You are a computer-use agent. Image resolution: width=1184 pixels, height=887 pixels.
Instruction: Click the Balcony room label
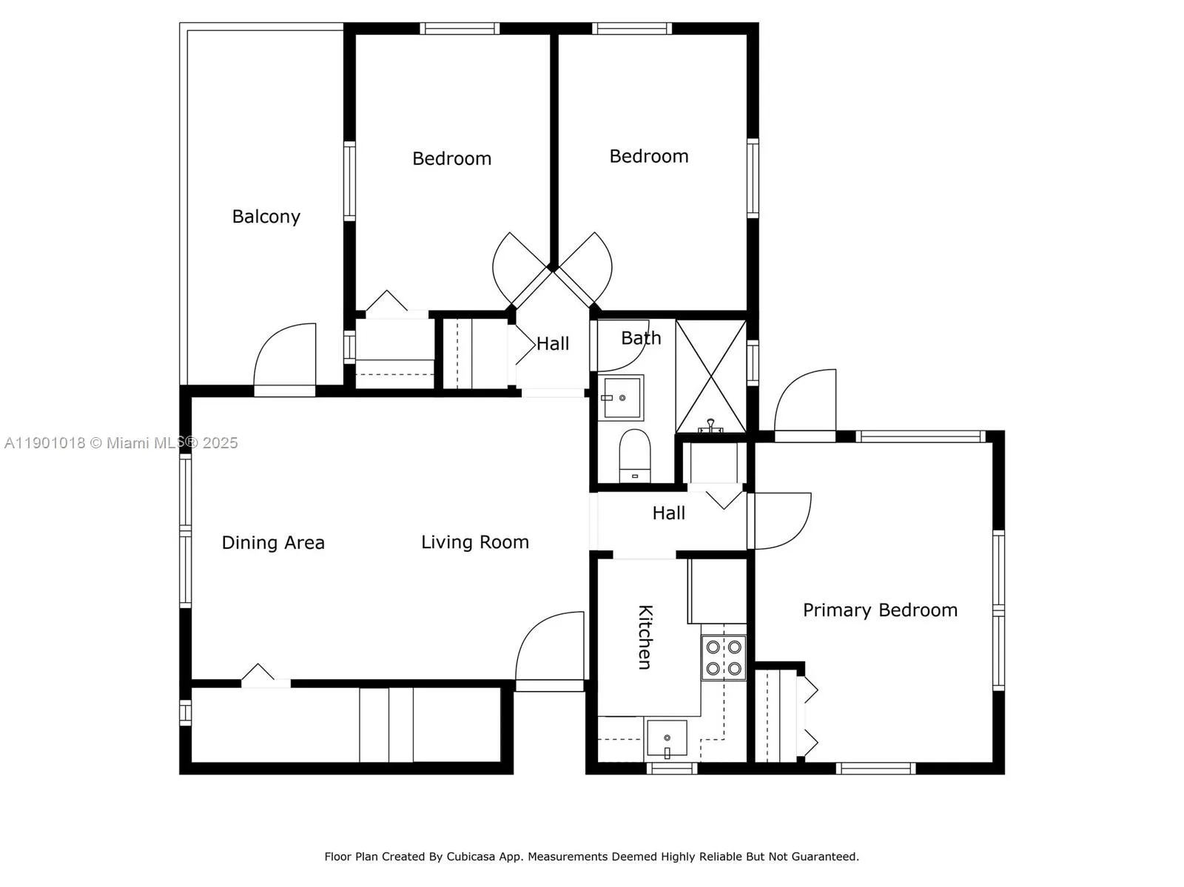pyautogui.click(x=266, y=217)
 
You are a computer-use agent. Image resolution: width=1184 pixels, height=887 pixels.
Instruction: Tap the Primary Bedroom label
pyautogui.click(x=880, y=610)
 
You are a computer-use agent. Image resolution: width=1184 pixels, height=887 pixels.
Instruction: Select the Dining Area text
pyautogui.click(x=273, y=543)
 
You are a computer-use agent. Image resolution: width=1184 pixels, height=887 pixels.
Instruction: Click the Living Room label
pyautogui.click(x=475, y=542)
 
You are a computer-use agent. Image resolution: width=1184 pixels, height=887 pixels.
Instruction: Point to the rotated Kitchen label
pyautogui.click(x=645, y=637)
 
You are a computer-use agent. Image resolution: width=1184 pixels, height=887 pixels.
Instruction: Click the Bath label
pyautogui.click(x=641, y=338)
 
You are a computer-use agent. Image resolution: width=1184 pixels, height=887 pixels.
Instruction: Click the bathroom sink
pyautogui.click(x=621, y=397)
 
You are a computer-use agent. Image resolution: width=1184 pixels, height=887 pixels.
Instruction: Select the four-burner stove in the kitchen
pyautogui.click(x=724, y=658)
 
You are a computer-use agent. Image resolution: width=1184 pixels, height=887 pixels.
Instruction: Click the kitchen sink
pyautogui.click(x=667, y=739)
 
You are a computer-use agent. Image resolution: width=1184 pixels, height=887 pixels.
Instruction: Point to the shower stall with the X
pyautogui.click(x=711, y=376)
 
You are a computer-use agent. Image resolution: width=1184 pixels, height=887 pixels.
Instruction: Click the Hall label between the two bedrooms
pyautogui.click(x=553, y=344)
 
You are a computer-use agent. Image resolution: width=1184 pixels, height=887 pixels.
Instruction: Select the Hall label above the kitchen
pyautogui.click(x=668, y=513)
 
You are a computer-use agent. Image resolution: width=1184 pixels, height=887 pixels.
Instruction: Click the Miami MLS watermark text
pyautogui.click(x=121, y=443)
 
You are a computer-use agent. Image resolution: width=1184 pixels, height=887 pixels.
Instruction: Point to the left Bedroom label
pyautogui.click(x=451, y=159)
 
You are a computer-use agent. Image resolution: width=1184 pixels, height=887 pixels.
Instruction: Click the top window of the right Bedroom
pyautogui.click(x=632, y=29)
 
